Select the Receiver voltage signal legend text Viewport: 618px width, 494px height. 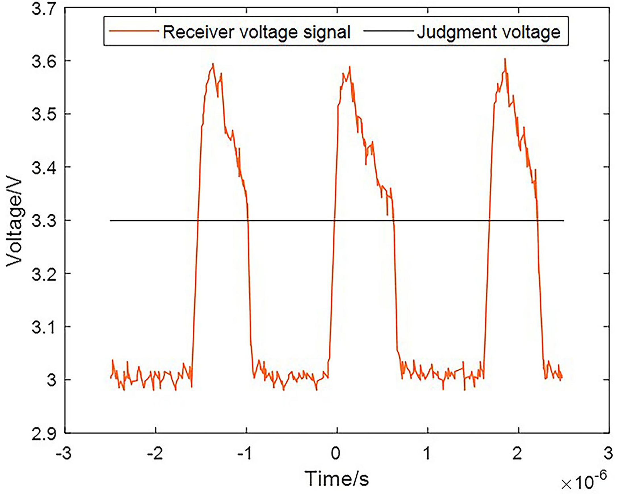click(x=257, y=32)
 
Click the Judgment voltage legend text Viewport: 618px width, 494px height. click(x=488, y=32)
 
